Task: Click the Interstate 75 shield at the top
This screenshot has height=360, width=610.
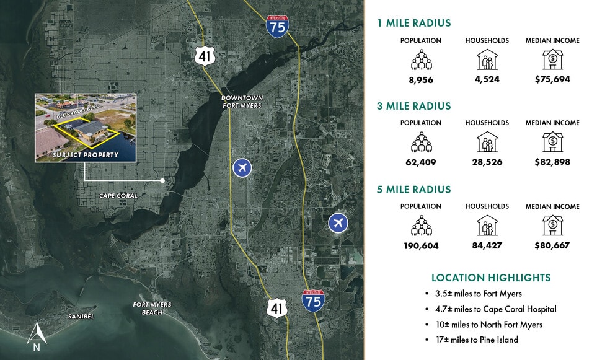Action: point(277,26)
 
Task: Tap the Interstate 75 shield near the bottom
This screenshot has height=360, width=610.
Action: point(312,300)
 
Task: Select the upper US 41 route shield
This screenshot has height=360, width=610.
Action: point(204,56)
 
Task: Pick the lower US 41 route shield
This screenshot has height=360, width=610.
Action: point(276,307)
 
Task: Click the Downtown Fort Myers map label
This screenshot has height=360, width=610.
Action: point(242,102)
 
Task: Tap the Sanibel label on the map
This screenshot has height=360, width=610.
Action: point(81,317)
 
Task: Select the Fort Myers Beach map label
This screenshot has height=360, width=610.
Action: point(152,308)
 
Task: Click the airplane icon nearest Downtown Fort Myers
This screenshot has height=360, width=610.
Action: point(242,167)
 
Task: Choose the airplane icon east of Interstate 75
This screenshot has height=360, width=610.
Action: point(338,222)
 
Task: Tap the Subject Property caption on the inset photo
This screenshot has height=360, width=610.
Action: point(86,155)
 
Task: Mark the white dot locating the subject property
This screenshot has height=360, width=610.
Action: point(162,180)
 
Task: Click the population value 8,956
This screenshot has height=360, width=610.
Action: point(421,79)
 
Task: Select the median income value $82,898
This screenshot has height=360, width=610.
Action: point(552,162)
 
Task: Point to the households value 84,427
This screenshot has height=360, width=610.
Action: point(487,245)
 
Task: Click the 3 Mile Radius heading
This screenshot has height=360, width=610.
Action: point(413,106)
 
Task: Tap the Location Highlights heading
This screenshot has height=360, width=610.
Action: point(491,278)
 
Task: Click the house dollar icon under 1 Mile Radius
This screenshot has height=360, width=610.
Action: point(552,59)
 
